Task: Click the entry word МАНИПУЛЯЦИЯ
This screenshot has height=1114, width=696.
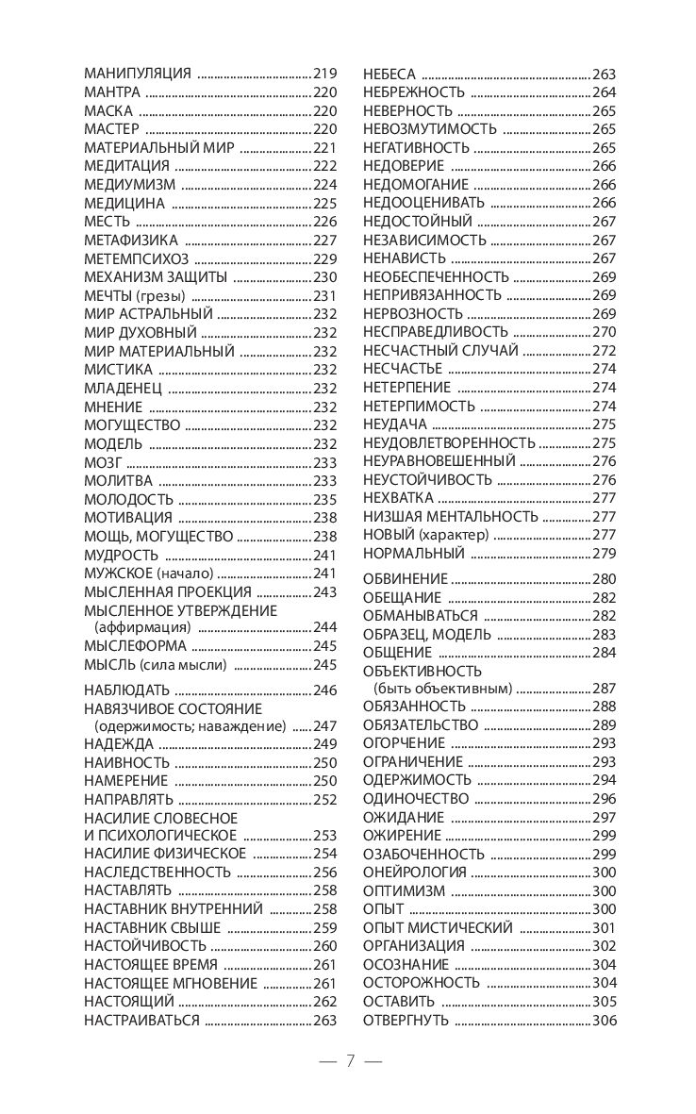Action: [x=138, y=73]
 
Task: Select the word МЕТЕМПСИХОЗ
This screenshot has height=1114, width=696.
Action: [x=137, y=258]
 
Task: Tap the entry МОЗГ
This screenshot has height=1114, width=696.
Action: [x=103, y=462]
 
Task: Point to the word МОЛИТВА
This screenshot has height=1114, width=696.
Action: [x=119, y=481]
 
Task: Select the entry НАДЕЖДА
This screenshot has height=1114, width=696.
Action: [x=119, y=744]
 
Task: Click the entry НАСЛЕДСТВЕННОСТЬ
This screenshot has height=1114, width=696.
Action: [x=157, y=872]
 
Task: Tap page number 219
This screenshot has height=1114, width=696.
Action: [x=324, y=73]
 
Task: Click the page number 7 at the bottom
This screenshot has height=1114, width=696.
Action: [x=349, y=1060]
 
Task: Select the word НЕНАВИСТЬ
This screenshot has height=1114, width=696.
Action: [x=405, y=258]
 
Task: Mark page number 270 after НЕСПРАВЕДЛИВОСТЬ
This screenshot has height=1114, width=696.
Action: [x=604, y=332]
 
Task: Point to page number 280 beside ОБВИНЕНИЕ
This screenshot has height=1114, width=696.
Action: [x=604, y=578]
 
